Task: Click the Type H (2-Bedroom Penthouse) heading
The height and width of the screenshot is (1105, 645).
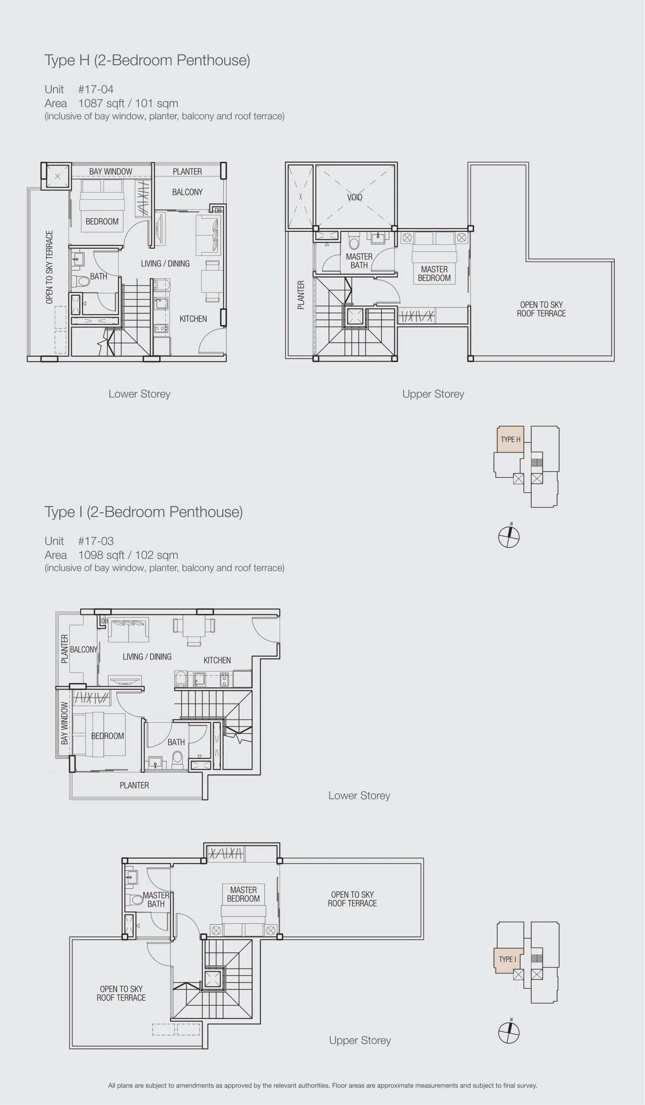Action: [x=147, y=60]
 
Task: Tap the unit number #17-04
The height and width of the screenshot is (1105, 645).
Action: [x=96, y=90]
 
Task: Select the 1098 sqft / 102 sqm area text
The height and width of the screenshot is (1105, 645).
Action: [x=128, y=555]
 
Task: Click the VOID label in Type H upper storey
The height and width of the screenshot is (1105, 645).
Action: [x=354, y=197]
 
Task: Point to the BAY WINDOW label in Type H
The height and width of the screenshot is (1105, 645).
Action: [x=111, y=171]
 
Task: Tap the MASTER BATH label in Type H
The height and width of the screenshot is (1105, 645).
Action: [x=359, y=261]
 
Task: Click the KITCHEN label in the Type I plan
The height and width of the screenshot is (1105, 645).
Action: [x=217, y=660]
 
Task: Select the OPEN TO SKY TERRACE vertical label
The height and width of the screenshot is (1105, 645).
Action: [x=50, y=267]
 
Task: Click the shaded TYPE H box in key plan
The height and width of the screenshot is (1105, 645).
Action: [x=510, y=439]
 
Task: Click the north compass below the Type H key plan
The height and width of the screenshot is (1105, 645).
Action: [x=509, y=536]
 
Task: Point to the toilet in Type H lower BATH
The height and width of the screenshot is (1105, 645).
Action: [x=81, y=281]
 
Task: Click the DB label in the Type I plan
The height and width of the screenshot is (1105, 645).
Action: [x=105, y=621]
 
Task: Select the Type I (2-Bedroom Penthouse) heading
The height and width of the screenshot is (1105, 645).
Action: [x=144, y=512]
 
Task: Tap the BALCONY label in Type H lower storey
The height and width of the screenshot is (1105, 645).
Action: [x=187, y=192]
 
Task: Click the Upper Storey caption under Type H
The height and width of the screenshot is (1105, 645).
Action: [x=433, y=394]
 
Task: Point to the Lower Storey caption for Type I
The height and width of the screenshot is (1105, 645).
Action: [x=360, y=796]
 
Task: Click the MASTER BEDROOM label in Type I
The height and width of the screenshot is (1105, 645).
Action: [x=243, y=894]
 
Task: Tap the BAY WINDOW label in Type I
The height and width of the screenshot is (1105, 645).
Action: [x=64, y=723]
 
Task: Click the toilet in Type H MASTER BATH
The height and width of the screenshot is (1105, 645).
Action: [x=354, y=241]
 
